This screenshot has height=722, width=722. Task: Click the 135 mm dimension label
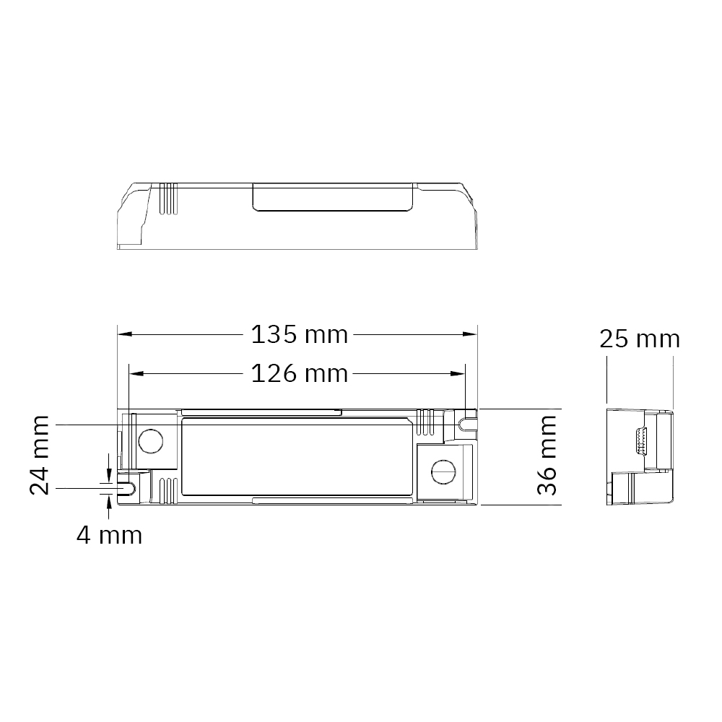pos(300,335)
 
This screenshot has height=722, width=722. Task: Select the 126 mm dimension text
pos(300,373)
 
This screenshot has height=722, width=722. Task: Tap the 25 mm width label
pos(640,339)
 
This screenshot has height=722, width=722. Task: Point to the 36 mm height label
pos(547,455)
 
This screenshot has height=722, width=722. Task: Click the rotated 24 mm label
pos(39,455)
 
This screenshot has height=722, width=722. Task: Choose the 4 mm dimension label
pos(109,535)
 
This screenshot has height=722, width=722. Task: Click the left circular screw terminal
pos(151,441)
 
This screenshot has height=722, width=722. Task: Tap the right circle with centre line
pos(443,471)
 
